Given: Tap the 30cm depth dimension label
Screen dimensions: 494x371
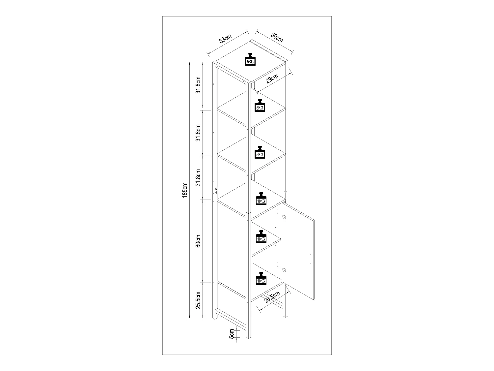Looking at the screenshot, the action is [x=277, y=38].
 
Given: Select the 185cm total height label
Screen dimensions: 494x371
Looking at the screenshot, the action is [x=185, y=190].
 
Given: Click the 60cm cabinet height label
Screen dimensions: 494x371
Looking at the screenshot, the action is [x=198, y=241].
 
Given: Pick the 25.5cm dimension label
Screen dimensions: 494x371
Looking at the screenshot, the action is [x=198, y=300].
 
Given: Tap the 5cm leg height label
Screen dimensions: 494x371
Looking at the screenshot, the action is [x=232, y=334].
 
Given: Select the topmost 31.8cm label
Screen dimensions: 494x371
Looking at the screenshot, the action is [x=198, y=85].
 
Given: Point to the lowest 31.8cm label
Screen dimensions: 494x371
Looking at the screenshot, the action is [x=198, y=177].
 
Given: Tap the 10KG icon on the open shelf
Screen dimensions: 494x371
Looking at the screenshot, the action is [x=261, y=199].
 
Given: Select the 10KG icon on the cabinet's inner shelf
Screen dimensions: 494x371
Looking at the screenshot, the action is [x=261, y=237].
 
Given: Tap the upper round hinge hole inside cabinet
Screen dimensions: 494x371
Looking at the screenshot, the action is [x=284, y=216].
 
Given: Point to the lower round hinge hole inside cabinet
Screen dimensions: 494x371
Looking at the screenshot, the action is [x=284, y=270].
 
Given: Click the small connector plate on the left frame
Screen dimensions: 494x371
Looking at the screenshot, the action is [x=216, y=191].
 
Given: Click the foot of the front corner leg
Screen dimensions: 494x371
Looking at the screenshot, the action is [x=247, y=336].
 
